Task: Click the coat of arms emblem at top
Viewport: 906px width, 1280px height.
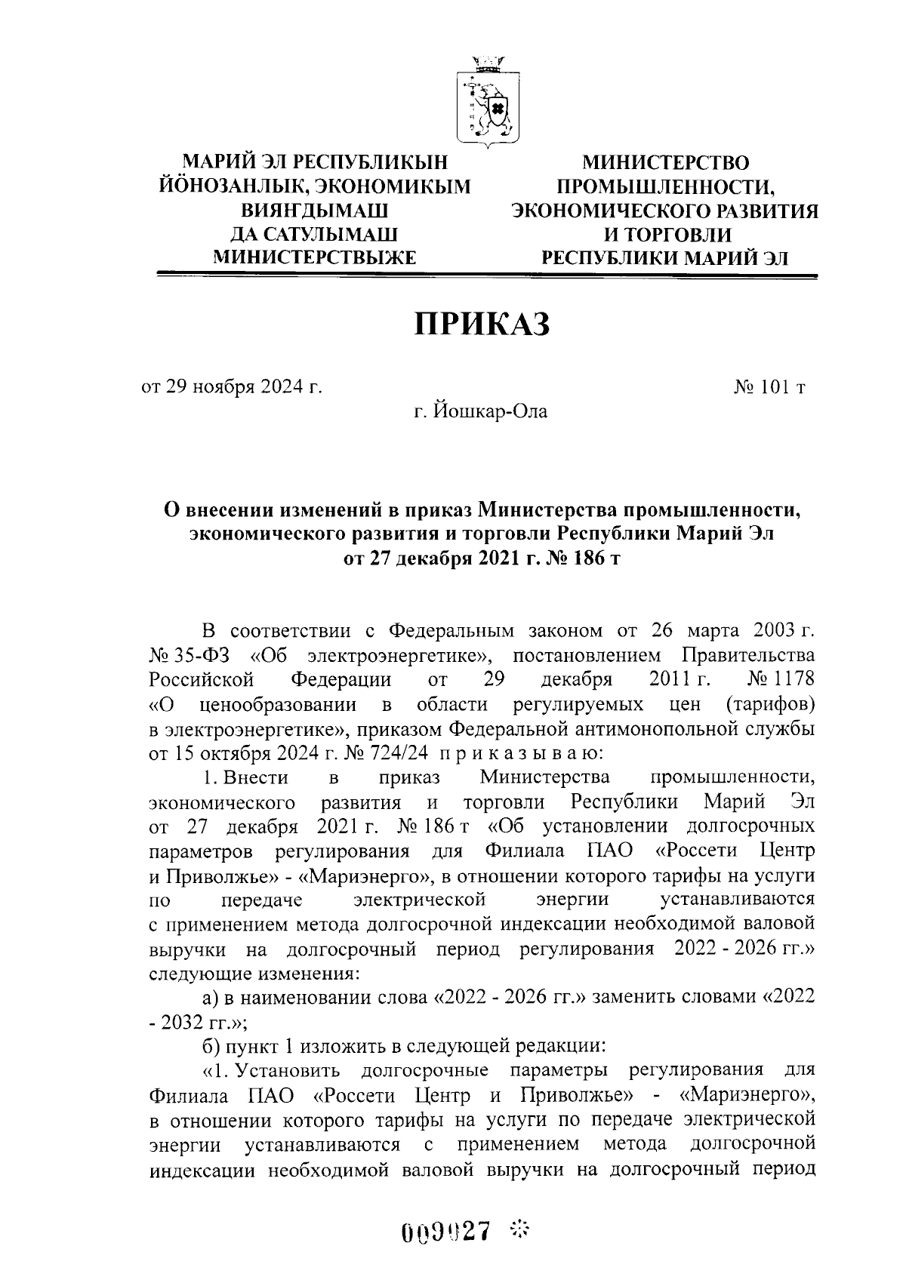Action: [486, 103]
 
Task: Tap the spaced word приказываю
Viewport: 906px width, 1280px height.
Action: [520, 752]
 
